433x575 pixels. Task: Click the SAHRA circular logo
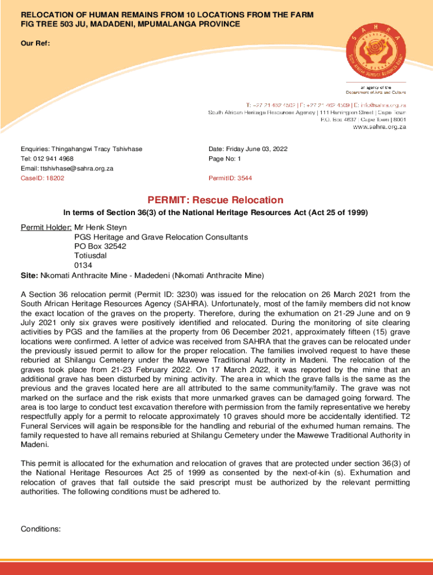tap(376, 48)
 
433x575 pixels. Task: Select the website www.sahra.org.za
tap(379, 127)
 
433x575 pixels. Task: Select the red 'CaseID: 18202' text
tap(43, 178)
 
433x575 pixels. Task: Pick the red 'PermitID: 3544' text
tap(230, 178)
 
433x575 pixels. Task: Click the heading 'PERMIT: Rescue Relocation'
tap(215, 200)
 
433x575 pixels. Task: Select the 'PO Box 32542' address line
tap(100, 247)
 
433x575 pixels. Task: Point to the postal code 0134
tap(83, 266)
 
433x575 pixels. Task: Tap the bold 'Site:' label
tap(29, 275)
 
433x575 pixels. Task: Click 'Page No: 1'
tap(224, 158)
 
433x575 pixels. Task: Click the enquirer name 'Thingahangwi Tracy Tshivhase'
tap(97, 149)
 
